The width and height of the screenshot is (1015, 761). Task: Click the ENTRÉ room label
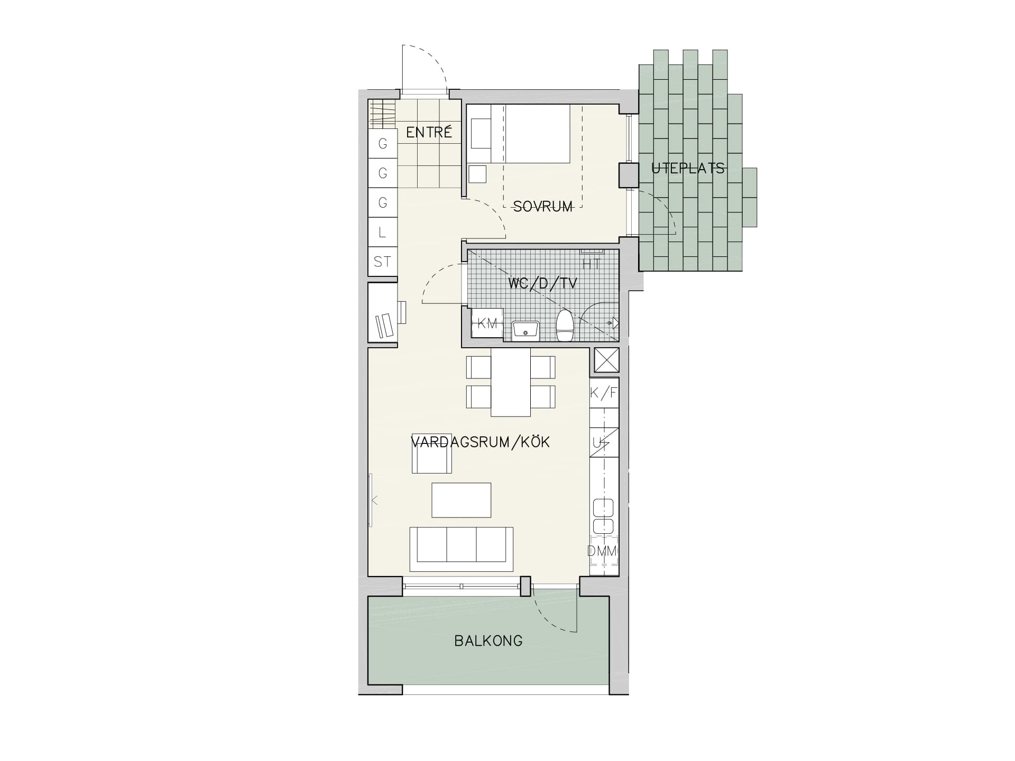tap(429, 132)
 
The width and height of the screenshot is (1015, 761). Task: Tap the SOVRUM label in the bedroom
tap(543, 207)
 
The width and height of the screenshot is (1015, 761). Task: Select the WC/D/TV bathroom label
tap(542, 283)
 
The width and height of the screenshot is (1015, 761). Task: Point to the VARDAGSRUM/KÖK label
tap(481, 442)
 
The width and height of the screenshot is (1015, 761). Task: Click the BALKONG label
tap(488, 641)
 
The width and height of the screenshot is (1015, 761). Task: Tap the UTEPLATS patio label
tap(688, 169)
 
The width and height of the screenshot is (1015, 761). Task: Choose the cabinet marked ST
tap(382, 262)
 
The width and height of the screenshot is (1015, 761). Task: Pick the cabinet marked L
tap(382, 232)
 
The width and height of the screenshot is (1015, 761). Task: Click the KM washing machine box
tap(487, 323)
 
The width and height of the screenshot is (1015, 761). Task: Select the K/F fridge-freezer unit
tap(604, 393)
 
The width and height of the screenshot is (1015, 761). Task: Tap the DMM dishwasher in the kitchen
tap(604, 552)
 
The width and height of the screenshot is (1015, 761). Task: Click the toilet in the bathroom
tap(565, 325)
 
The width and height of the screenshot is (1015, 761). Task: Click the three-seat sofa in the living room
tap(462, 549)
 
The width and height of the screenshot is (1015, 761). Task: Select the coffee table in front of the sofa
tap(462, 500)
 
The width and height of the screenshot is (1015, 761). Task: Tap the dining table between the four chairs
tap(511, 382)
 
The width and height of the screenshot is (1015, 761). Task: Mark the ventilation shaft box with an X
tap(606, 360)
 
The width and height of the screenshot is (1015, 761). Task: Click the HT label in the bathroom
tap(591, 264)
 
